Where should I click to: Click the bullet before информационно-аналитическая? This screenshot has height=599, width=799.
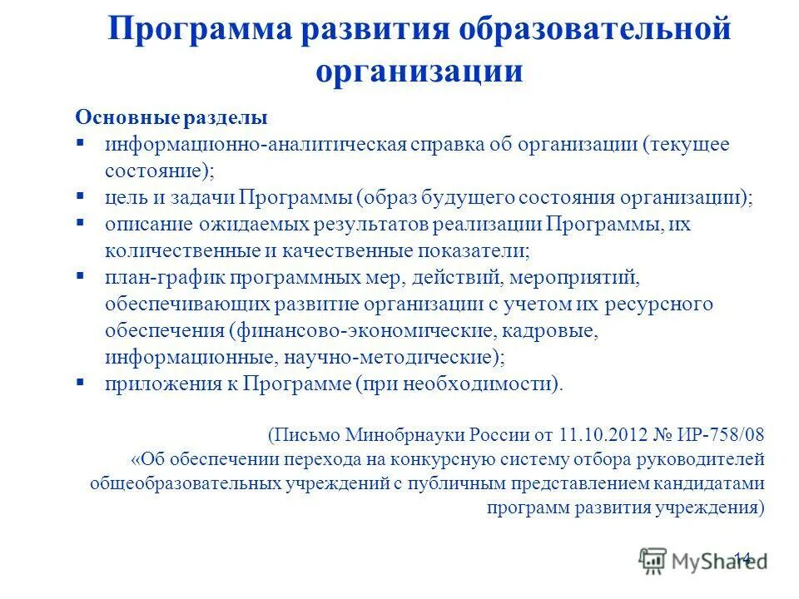click(81, 142)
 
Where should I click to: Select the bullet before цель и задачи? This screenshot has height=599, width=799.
click(81, 197)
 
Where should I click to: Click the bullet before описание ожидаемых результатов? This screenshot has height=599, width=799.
click(81, 224)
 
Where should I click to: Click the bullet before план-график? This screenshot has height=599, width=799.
click(81, 277)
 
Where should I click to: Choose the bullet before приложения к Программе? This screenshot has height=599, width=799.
click(81, 384)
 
